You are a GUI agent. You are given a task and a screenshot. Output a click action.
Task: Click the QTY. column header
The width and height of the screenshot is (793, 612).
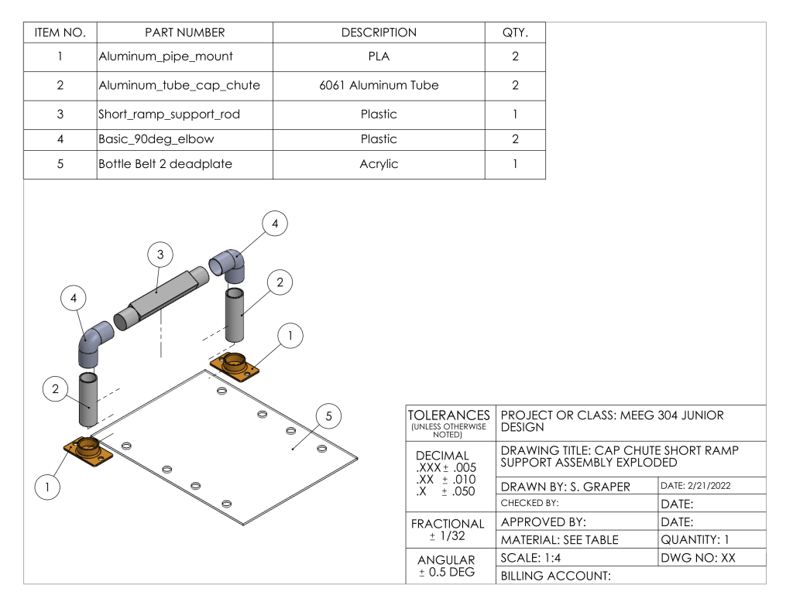pyautogui.click(x=515, y=32)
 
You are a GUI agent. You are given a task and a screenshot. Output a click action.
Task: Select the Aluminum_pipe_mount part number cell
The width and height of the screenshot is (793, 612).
pyautogui.click(x=184, y=56)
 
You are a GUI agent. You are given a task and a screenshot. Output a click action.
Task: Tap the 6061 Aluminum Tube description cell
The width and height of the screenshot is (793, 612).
pyautogui.click(x=379, y=85)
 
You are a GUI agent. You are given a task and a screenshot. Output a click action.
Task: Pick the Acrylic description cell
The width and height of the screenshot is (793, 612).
pyautogui.click(x=379, y=164)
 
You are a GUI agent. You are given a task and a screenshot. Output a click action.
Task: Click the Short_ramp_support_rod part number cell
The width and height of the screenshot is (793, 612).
pyautogui.click(x=184, y=115)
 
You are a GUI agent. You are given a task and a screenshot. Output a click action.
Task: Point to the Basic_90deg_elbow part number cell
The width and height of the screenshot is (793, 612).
pyautogui.click(x=184, y=139)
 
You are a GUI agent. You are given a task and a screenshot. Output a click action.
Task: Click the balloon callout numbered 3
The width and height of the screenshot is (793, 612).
pyautogui.click(x=160, y=255)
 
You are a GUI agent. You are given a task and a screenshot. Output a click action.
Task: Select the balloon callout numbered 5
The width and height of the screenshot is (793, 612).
pyautogui.click(x=328, y=416)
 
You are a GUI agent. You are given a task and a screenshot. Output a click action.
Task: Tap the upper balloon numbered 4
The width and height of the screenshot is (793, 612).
pyautogui.click(x=275, y=224)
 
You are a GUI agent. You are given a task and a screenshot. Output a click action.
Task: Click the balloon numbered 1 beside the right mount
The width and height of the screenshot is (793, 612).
pyautogui.click(x=290, y=336)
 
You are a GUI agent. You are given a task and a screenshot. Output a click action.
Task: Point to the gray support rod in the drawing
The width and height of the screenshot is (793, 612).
pyautogui.click(x=161, y=299)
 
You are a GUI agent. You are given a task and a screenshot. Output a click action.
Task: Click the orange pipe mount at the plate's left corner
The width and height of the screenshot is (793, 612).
pyautogui.click(x=88, y=451)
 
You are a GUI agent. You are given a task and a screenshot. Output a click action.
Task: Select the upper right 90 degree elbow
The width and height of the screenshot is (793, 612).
pyautogui.click(x=228, y=265)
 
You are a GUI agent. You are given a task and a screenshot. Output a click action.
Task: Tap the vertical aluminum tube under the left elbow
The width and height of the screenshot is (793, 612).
pyautogui.click(x=88, y=400)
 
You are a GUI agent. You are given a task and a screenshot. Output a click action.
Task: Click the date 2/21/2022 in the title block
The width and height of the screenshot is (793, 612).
pyautogui.click(x=695, y=486)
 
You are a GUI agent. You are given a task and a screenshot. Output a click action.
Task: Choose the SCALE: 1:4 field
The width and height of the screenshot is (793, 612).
pyautogui.click(x=530, y=558)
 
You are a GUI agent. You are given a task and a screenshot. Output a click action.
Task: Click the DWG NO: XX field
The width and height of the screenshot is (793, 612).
pyautogui.click(x=698, y=558)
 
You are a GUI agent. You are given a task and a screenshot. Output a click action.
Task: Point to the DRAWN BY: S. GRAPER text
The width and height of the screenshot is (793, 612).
pyautogui.click(x=565, y=487)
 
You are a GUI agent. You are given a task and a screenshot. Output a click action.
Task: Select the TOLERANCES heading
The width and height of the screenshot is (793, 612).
pyautogui.click(x=449, y=415)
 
